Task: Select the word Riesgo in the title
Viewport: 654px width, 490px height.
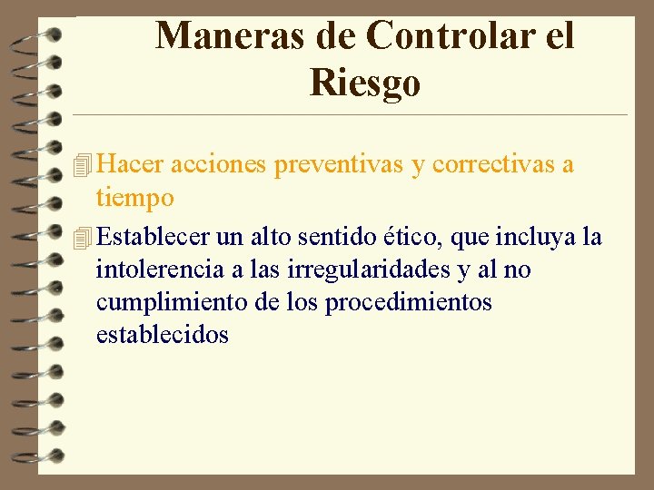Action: coord(364,83)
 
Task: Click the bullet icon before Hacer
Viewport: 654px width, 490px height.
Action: coord(84,165)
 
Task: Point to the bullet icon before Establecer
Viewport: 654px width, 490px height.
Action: coord(84,238)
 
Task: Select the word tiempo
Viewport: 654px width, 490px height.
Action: coord(134,198)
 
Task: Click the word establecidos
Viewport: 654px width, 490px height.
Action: coord(163,335)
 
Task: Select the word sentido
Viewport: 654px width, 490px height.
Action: coord(325,238)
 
